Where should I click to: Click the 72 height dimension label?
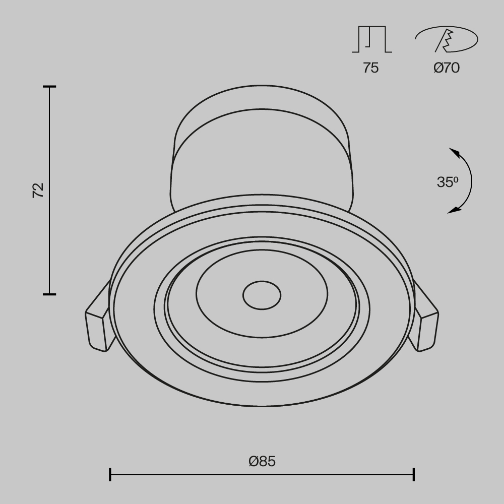click(38, 190)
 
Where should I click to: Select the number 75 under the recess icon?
click(370, 68)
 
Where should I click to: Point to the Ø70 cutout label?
click(447, 68)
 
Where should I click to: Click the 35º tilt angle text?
click(448, 182)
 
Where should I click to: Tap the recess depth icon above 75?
click(371, 39)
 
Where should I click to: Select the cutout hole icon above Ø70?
click(447, 39)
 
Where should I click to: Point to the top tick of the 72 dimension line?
click(49, 87)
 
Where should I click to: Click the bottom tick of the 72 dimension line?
click(49, 294)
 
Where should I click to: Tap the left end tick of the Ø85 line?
click(110, 474)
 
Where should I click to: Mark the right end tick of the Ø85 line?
click(414, 474)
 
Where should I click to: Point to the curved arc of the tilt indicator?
click(471, 181)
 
